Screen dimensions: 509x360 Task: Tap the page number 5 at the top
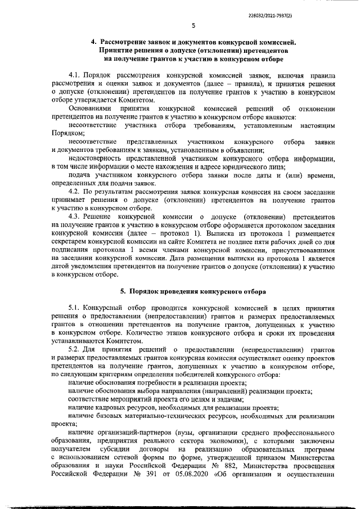pos(193,25)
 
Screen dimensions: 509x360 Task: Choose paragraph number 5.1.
pos(75,308)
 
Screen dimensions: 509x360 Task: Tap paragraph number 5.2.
pos(75,350)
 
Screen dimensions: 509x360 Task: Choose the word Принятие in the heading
pos(116,50)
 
